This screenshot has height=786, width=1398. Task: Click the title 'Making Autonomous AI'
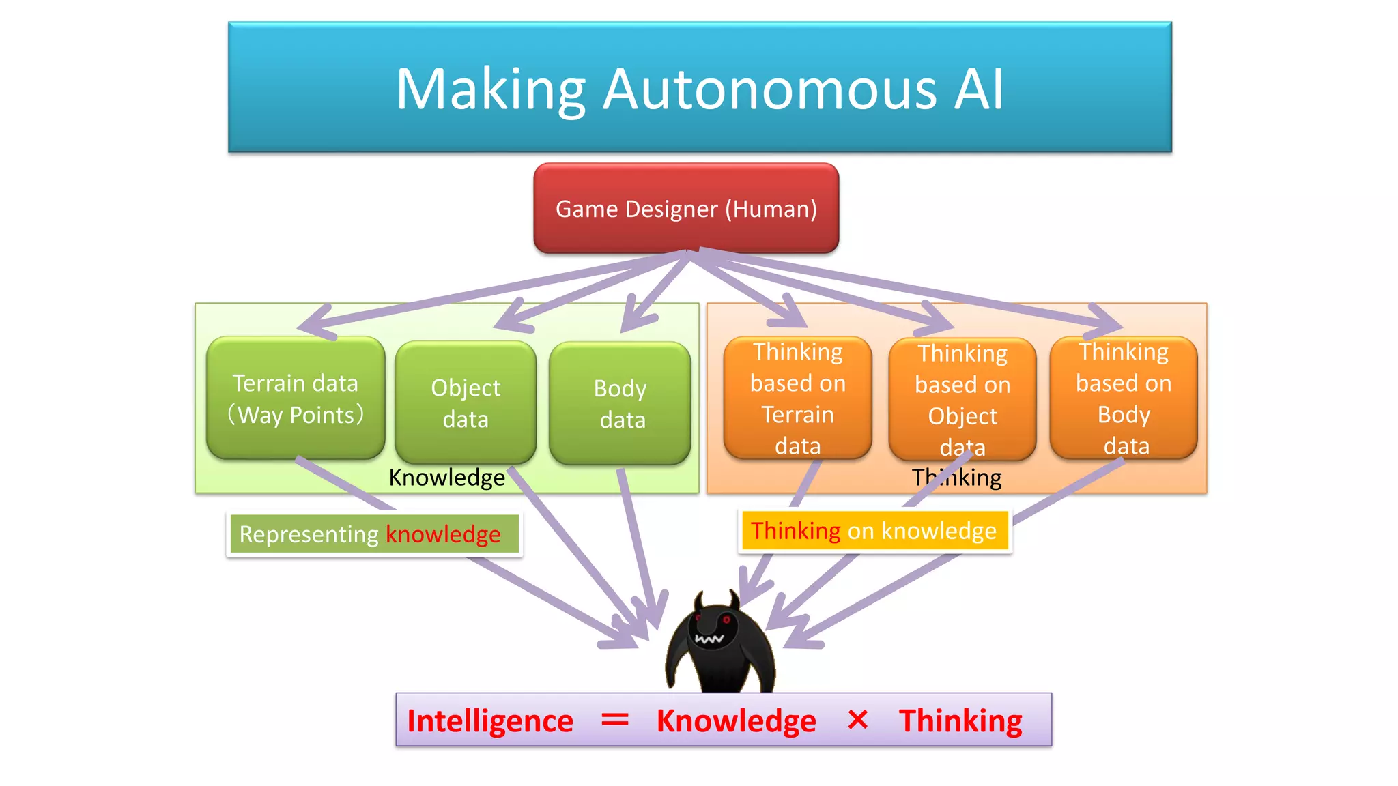click(700, 89)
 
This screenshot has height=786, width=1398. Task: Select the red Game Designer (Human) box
click(686, 209)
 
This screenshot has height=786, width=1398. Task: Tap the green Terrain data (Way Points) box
click(296, 398)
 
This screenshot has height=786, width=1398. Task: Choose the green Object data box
click(466, 403)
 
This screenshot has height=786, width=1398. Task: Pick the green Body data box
click(620, 403)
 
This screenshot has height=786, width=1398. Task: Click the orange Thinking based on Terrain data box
click(797, 398)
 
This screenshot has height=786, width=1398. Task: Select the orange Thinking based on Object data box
click(962, 400)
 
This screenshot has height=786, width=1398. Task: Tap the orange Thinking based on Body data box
click(1124, 398)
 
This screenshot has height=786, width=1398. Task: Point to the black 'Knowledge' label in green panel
click(447, 477)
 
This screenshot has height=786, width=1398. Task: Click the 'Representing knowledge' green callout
click(373, 534)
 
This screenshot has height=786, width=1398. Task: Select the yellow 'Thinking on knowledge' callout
click(874, 531)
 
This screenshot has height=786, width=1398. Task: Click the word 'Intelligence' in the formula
click(490, 721)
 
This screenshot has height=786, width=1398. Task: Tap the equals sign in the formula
click(614, 720)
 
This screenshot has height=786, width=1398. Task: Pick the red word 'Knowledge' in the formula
click(736, 721)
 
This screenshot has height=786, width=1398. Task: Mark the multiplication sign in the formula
click(857, 720)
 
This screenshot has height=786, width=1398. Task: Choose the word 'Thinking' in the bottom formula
click(960, 721)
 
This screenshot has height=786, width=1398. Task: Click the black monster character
click(719, 648)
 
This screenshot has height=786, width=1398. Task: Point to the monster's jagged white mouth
click(709, 639)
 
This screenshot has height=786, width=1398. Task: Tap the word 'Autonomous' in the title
click(770, 89)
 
